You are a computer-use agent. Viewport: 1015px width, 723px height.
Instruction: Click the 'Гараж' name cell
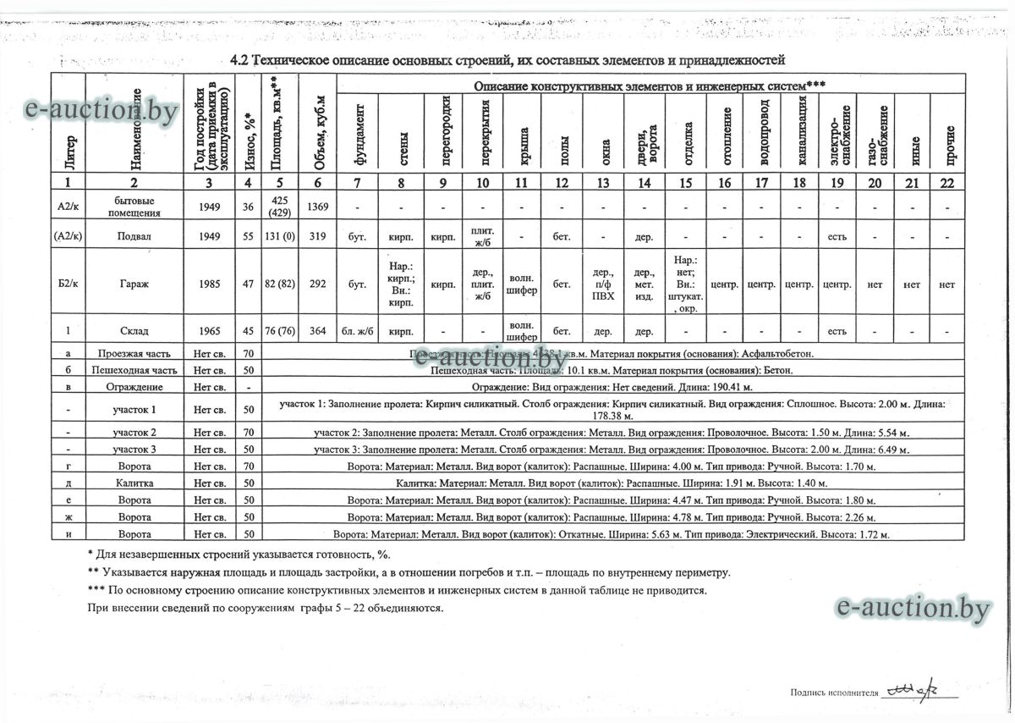click(134, 285)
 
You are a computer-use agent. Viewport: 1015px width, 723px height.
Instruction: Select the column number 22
click(946, 182)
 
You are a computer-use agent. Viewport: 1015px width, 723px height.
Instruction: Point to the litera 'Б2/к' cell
click(69, 285)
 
